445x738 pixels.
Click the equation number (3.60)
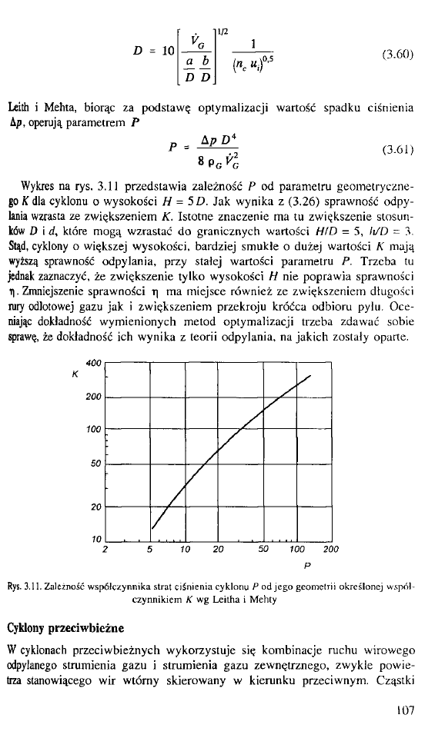point(398,56)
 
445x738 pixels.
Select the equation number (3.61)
point(398,152)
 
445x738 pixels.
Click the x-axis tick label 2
point(104,549)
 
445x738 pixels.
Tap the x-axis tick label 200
point(331,549)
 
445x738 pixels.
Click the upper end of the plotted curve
point(309,374)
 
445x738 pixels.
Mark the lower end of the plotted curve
point(153,529)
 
